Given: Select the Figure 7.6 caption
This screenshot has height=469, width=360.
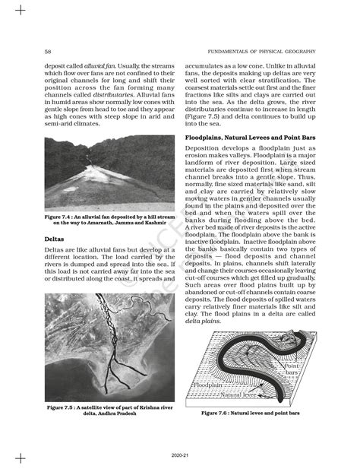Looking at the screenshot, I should (x=250, y=414).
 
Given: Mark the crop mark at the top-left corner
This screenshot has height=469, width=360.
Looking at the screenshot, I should (x=21, y=10).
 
